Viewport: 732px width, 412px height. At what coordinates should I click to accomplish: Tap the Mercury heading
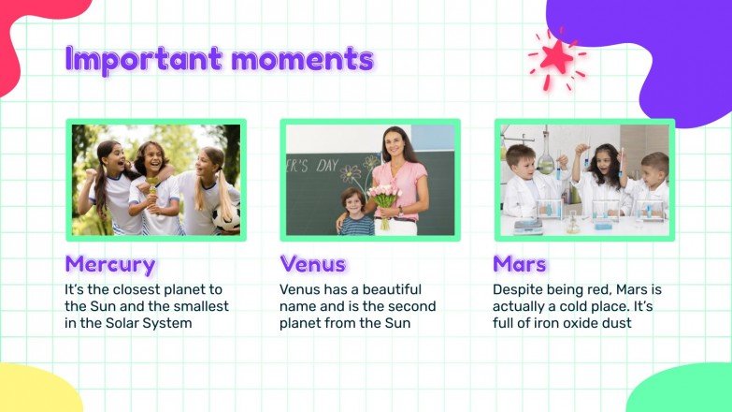point(109,264)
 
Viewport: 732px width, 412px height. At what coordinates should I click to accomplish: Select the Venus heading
point(312,264)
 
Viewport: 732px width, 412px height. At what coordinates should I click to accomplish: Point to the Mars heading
point(520,264)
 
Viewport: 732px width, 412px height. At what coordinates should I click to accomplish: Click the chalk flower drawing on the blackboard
point(352,173)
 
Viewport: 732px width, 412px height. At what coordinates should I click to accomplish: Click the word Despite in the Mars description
point(520,289)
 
